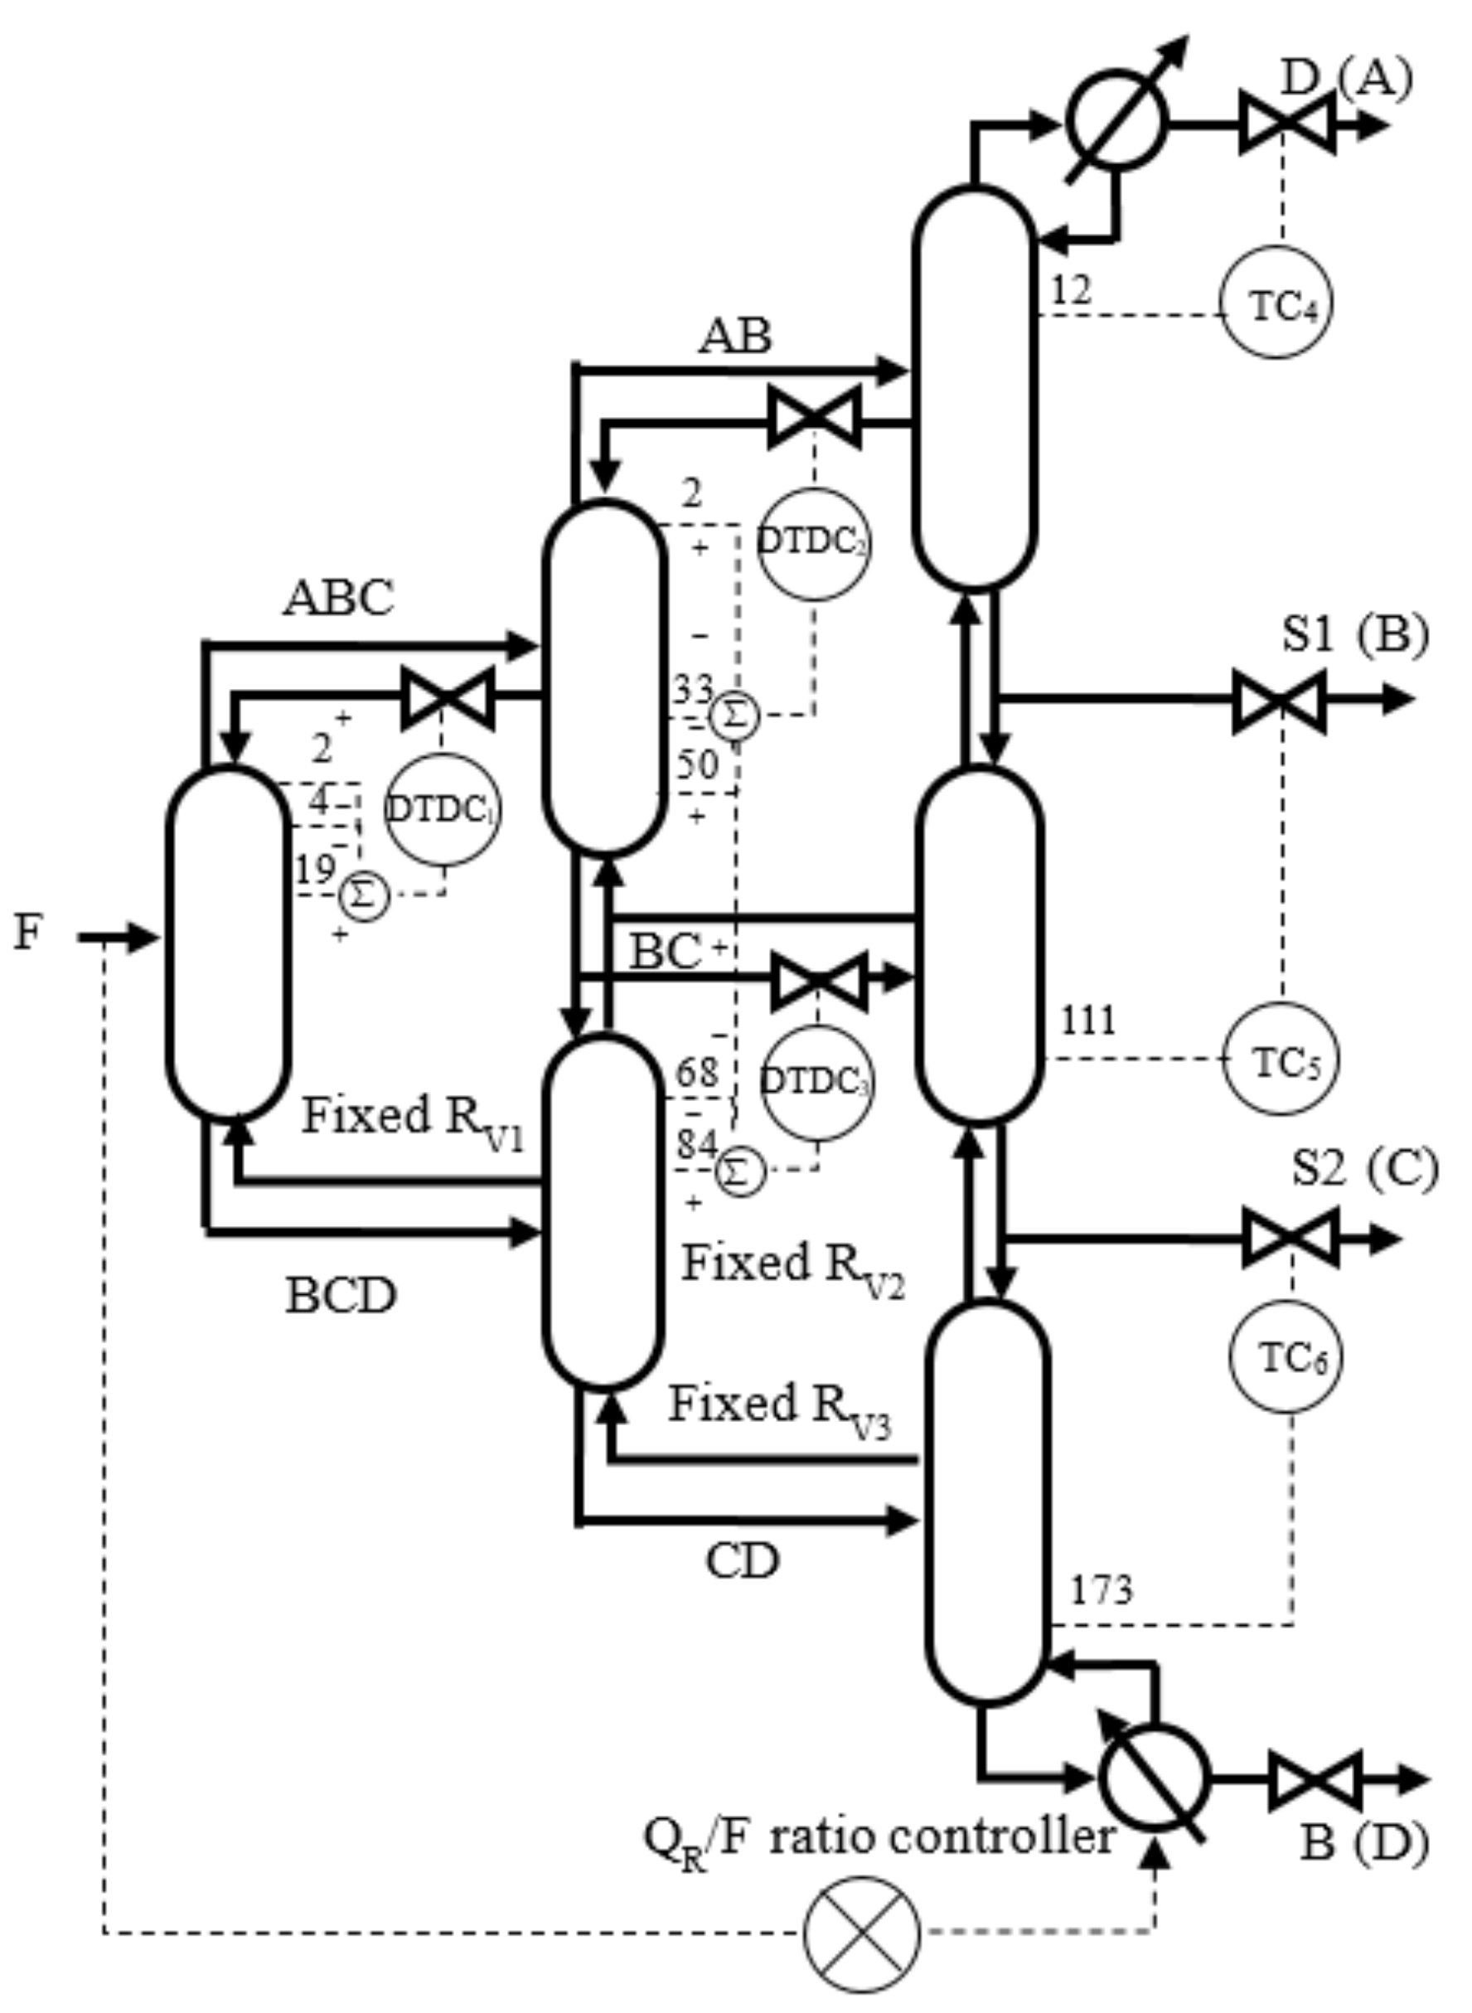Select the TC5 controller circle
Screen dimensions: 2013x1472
[x=1280, y=1058]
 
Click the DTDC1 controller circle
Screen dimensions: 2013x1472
[x=442, y=808]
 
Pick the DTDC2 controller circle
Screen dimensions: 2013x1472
[x=814, y=544]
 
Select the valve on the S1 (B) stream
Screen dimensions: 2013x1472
[x=1278, y=701]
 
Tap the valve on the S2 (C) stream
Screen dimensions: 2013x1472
[x=1290, y=1238]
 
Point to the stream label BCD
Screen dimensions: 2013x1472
[x=341, y=1296]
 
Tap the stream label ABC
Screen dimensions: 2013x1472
[x=339, y=598]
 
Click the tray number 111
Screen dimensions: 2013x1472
[x=1087, y=1020]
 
